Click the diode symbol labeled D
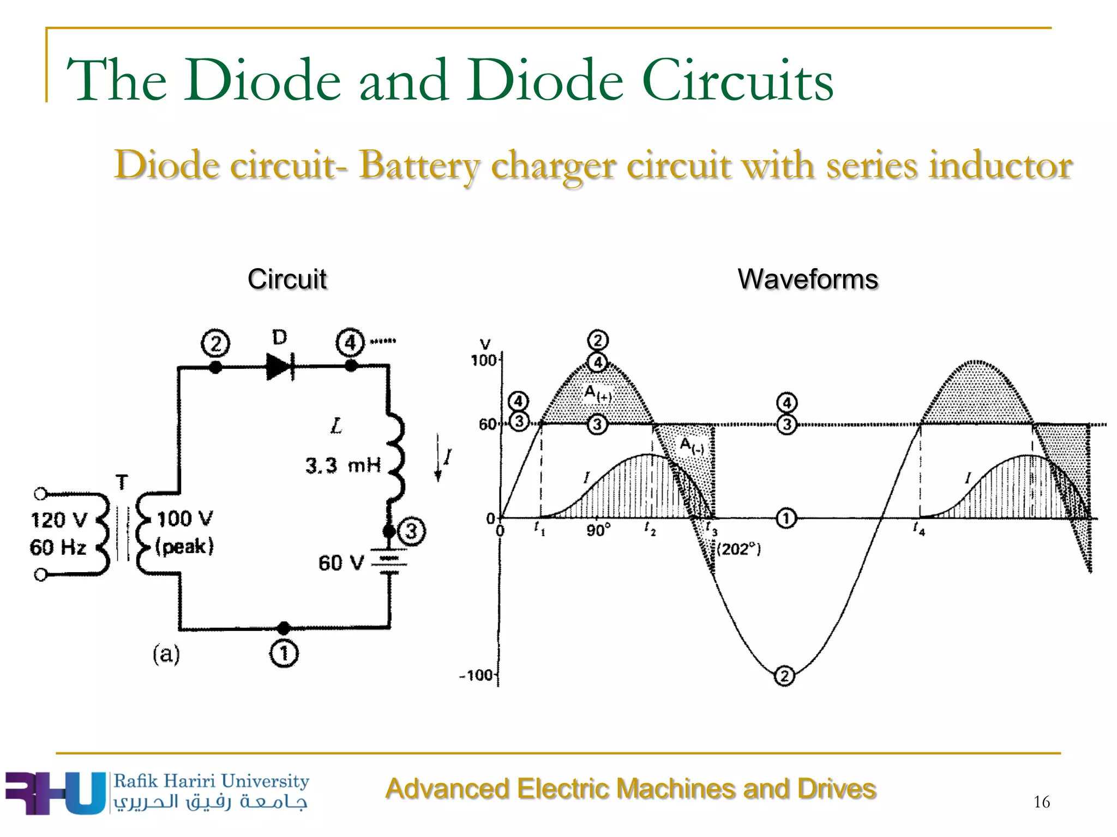click(280, 366)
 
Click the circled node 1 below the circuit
click(284, 653)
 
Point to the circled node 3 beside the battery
click(412, 531)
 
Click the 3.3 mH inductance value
click(343, 465)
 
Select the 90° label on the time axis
click(598, 530)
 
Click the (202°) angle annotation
click(739, 549)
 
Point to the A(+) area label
click(597, 393)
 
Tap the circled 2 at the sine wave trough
click(784, 676)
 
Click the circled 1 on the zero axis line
click(786, 518)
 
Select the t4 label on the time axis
click(919, 529)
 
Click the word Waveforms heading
click(807, 280)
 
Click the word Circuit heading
click(287, 280)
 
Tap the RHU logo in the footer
click(55, 793)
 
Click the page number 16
click(1041, 802)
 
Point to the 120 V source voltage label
click(59, 520)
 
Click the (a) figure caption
click(166, 653)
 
